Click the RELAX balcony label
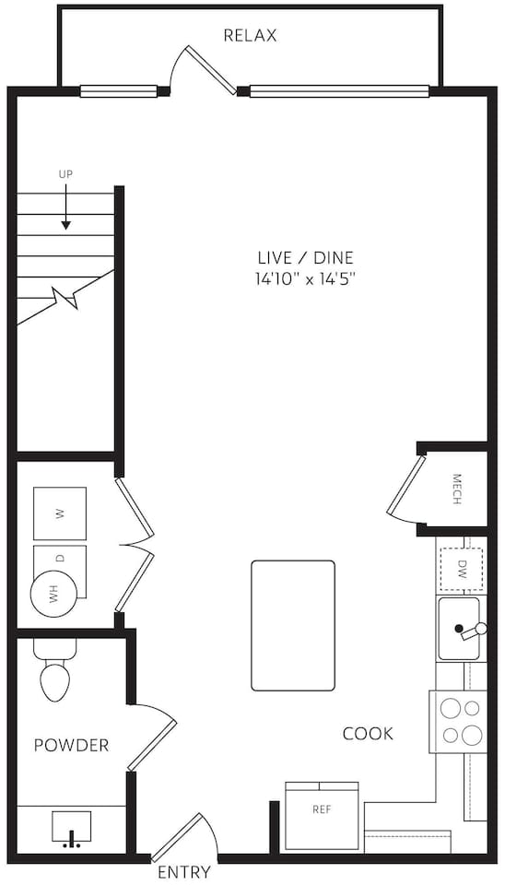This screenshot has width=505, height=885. click(250, 36)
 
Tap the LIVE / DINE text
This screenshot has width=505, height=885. click(305, 258)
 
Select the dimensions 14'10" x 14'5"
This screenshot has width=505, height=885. click(305, 279)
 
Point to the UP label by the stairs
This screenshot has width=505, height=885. click(66, 174)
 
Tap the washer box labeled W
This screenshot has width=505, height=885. click(60, 513)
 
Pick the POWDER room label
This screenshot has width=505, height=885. click(71, 745)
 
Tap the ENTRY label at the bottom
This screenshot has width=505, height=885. click(184, 872)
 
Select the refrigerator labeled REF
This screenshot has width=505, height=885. click(322, 816)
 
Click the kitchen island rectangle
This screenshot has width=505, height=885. click(293, 625)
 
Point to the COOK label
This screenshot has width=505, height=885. click(368, 734)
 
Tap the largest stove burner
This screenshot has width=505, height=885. click(472, 735)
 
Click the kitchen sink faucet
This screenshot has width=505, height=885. click(472, 631)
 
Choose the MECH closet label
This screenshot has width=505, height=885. click(456, 489)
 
